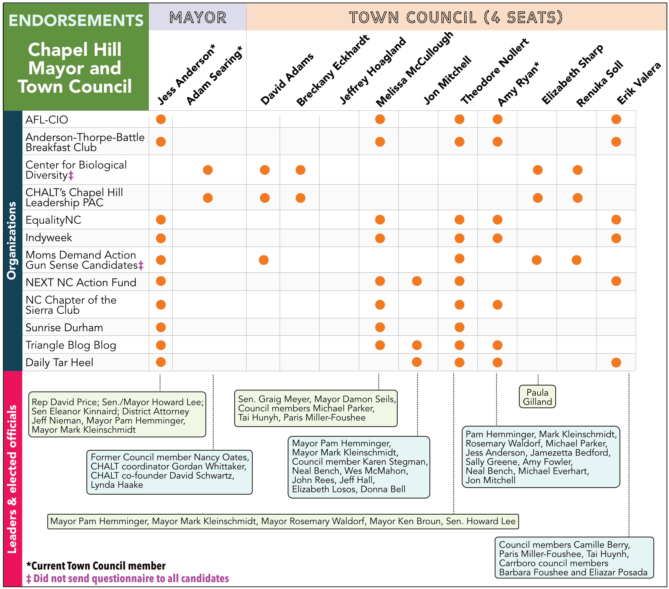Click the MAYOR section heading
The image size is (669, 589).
click(198, 17)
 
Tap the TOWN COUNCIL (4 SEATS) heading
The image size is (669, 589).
click(456, 17)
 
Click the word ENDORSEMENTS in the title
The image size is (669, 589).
click(76, 20)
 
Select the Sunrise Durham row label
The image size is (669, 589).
click(64, 327)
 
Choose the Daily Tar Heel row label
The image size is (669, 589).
click(59, 362)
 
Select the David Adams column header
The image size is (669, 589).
click(287, 79)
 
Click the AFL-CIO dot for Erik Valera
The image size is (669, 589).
click(616, 119)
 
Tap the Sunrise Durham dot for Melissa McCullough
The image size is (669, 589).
click(380, 327)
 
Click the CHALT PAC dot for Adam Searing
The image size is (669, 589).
click(208, 198)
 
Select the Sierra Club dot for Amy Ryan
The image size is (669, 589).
click(497, 305)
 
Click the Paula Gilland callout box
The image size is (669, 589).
click(537, 397)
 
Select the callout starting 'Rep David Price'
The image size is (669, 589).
click(117, 414)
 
